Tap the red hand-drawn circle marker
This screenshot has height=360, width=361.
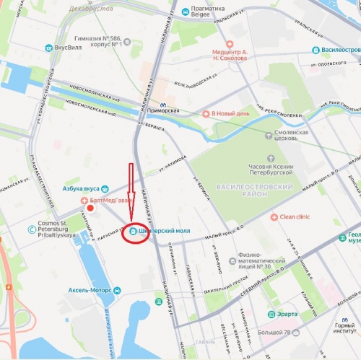click(x=134, y=233)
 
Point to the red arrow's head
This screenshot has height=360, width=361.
click(x=131, y=216)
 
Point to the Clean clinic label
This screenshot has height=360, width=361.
click(x=294, y=216)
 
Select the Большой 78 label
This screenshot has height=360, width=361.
click(x=280, y=333)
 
